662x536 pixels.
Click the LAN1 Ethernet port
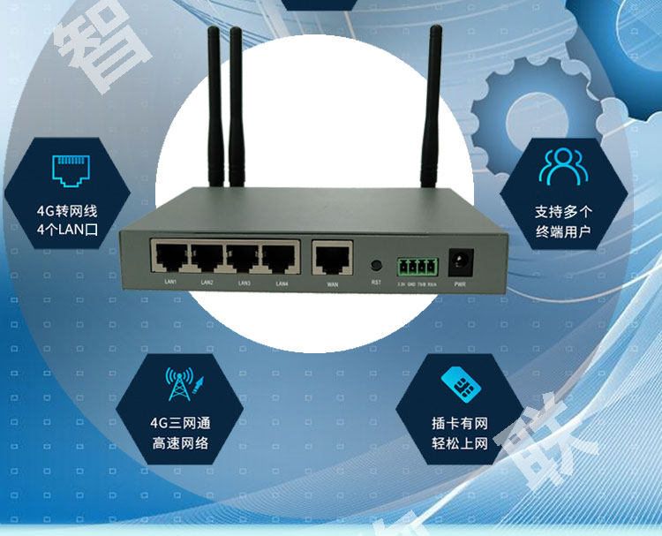[x=168, y=257]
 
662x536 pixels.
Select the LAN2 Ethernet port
[x=206, y=257]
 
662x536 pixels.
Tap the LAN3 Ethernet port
[x=243, y=257]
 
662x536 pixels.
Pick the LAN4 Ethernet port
[x=279, y=257]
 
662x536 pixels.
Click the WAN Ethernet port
[x=331, y=259]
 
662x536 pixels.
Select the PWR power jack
[x=459, y=261]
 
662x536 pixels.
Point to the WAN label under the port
[x=332, y=285]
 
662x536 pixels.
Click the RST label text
[x=375, y=283]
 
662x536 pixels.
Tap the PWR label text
[x=459, y=285]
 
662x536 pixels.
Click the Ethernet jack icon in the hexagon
[x=68, y=170]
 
